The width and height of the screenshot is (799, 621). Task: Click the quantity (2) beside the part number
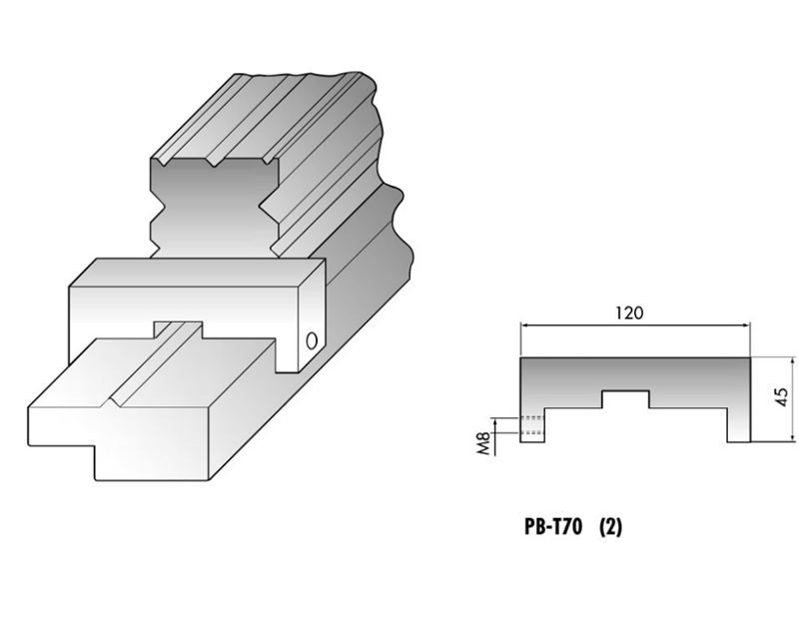point(609,527)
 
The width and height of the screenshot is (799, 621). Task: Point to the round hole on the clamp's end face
point(312,339)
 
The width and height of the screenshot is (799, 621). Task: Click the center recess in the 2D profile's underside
point(624,399)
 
